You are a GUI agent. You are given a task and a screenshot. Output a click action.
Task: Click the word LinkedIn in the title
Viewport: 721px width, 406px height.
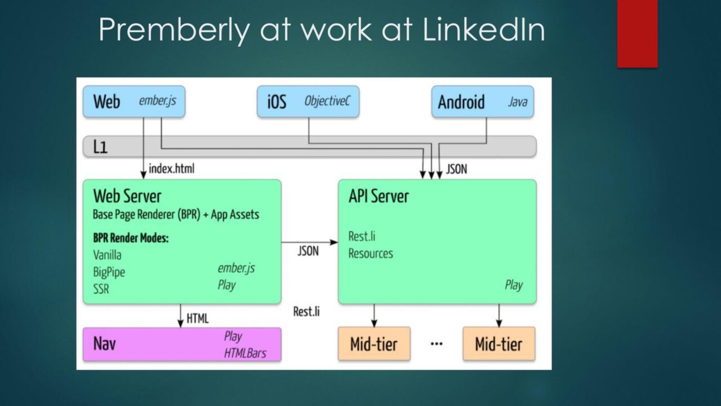(483, 29)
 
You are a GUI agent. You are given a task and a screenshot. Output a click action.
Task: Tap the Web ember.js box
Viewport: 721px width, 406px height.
(134, 101)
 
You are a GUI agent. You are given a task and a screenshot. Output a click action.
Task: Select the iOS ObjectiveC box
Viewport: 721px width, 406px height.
(308, 101)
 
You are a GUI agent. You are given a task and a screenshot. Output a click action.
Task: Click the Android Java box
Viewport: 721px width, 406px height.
(483, 101)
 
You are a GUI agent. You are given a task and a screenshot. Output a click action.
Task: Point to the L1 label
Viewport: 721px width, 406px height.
(100, 147)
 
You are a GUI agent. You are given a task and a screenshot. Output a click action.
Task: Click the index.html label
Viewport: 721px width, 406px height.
(172, 169)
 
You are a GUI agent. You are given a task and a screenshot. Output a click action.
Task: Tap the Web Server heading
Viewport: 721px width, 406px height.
(127, 196)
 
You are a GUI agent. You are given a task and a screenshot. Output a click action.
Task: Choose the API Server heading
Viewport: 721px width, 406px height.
(379, 196)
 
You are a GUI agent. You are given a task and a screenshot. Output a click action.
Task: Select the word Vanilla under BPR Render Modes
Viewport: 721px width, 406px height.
(107, 255)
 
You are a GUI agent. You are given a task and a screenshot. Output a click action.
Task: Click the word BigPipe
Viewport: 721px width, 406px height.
(109, 272)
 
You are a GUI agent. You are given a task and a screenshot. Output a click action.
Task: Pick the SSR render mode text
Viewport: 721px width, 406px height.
(101, 289)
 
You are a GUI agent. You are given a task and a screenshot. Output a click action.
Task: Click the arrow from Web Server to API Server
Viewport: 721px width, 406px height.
(310, 242)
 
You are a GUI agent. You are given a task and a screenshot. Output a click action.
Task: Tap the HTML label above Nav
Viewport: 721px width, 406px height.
(198, 319)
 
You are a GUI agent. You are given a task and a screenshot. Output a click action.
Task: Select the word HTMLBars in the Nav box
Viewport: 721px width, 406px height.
(245, 354)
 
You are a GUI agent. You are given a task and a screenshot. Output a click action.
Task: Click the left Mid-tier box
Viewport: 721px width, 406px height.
(374, 343)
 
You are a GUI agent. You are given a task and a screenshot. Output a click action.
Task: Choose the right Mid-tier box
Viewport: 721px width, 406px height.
(499, 343)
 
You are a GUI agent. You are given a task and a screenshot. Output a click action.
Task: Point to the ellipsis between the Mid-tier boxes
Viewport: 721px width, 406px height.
(437, 344)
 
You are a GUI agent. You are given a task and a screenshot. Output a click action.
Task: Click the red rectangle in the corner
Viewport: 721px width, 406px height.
(637, 33)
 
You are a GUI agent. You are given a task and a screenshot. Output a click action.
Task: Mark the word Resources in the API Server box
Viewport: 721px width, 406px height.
(371, 254)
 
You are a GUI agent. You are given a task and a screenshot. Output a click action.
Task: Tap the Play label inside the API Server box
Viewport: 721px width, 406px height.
(514, 285)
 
